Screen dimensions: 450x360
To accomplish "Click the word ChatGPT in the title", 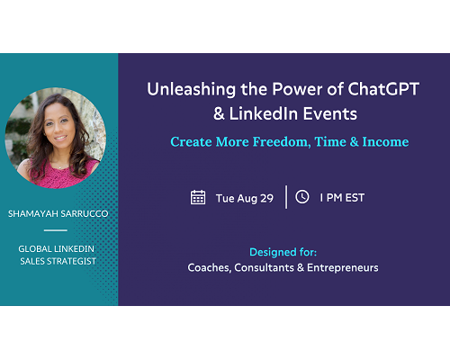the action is [383, 89].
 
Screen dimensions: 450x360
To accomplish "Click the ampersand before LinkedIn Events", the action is [219, 114].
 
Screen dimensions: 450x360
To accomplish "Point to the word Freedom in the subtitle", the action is [282, 142].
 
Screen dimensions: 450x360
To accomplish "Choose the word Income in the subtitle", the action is [385, 142].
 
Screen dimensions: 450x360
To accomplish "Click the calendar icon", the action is [198, 197].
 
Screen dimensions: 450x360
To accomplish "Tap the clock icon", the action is [302, 197].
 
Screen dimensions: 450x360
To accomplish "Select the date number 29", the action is [266, 198].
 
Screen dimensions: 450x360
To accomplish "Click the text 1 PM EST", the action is [342, 198].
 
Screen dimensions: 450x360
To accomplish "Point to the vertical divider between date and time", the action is [286, 197].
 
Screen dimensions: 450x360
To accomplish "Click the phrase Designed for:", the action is [283, 252].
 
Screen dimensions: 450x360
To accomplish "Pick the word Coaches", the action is [210, 267].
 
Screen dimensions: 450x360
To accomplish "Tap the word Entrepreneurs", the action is [343, 268].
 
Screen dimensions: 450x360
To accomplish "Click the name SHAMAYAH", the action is [33, 213].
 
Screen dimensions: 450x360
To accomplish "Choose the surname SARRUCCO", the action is [85, 213].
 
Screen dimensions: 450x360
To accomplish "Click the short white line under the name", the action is [56, 230].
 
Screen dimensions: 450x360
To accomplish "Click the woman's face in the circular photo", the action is [58, 124].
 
